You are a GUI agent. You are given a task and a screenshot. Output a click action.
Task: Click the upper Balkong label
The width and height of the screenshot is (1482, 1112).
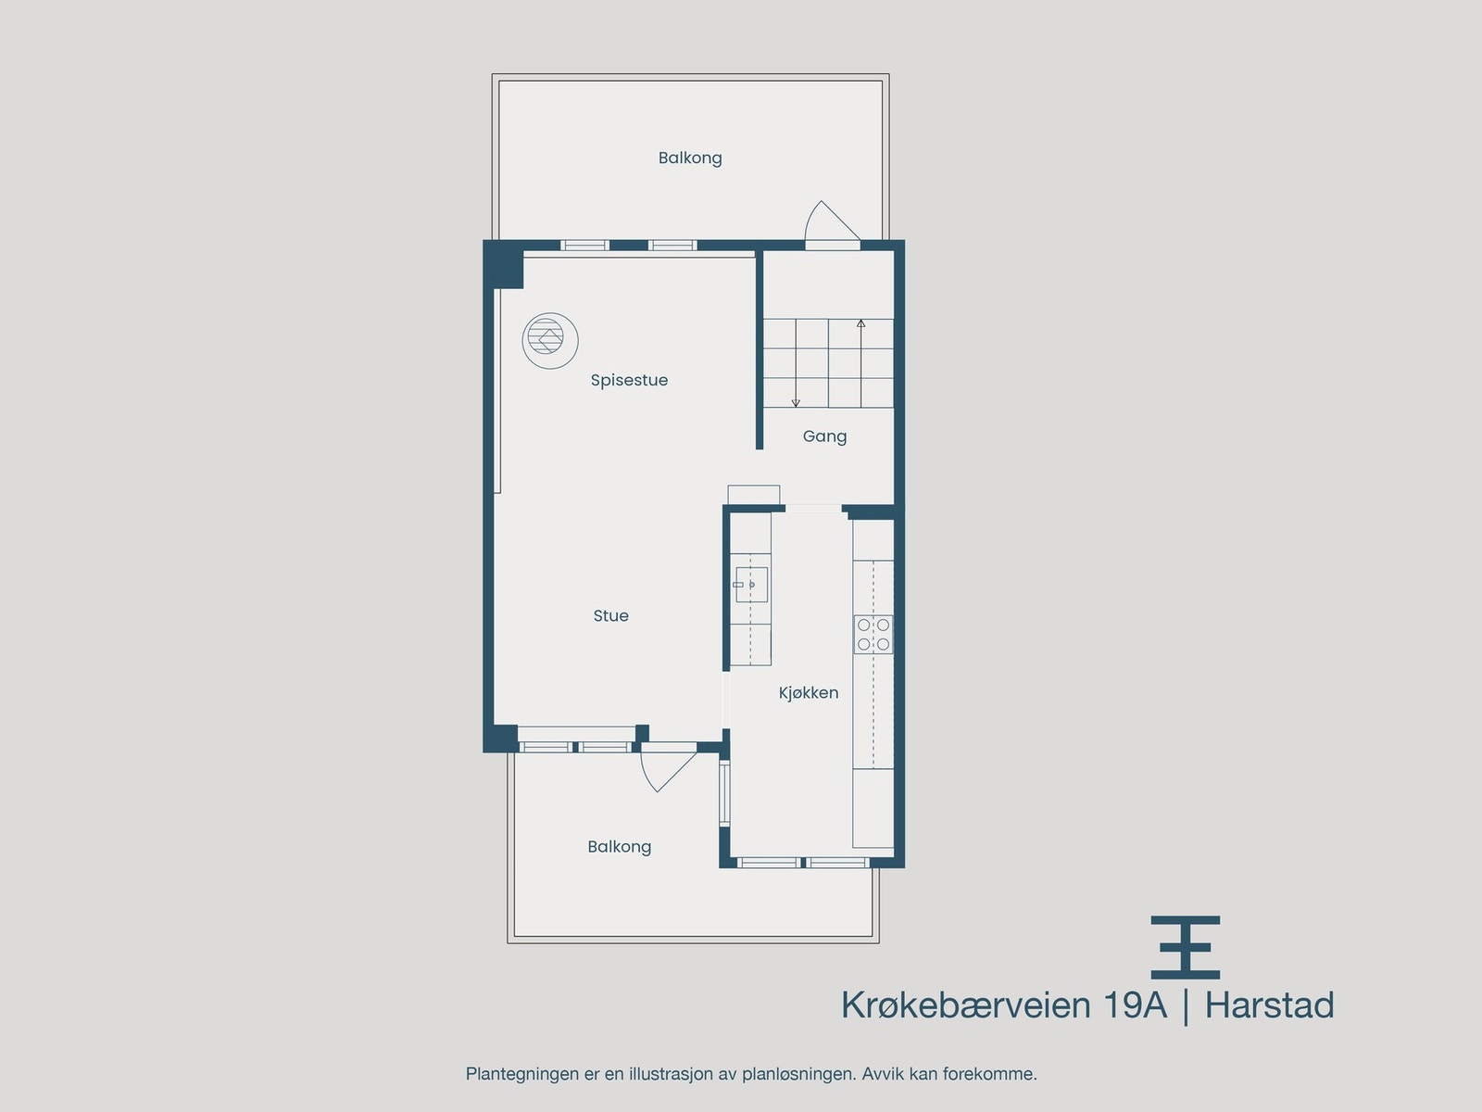pos(690,158)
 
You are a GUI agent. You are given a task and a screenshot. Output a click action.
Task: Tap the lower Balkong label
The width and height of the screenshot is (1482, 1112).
pos(619,846)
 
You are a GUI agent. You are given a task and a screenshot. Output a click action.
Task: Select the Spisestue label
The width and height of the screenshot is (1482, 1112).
pos(629,380)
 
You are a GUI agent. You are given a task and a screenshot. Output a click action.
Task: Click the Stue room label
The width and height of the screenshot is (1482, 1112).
pos(610,615)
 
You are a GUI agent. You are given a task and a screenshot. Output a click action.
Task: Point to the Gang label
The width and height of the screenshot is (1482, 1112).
pos(824,436)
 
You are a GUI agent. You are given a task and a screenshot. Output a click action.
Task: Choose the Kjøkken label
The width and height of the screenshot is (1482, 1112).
pos(808,692)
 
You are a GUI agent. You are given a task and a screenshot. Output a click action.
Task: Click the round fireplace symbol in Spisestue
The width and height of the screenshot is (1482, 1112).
pos(549,340)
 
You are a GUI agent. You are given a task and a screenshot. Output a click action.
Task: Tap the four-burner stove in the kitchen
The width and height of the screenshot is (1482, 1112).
pos(873,634)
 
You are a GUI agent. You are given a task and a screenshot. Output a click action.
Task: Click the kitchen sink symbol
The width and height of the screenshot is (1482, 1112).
pos(750,585)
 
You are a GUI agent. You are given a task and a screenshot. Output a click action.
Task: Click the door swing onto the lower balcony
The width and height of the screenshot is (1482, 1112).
pos(665,767)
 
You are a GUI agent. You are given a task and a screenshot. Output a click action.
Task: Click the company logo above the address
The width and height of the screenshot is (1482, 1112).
pos(1185,947)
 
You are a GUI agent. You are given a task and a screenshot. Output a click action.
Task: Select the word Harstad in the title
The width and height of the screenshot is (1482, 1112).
pos(1269,1005)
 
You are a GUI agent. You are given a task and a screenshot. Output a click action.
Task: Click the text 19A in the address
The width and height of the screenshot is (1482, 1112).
pos(1134,1005)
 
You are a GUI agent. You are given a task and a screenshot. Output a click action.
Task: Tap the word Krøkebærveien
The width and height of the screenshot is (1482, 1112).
pos(965,1005)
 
